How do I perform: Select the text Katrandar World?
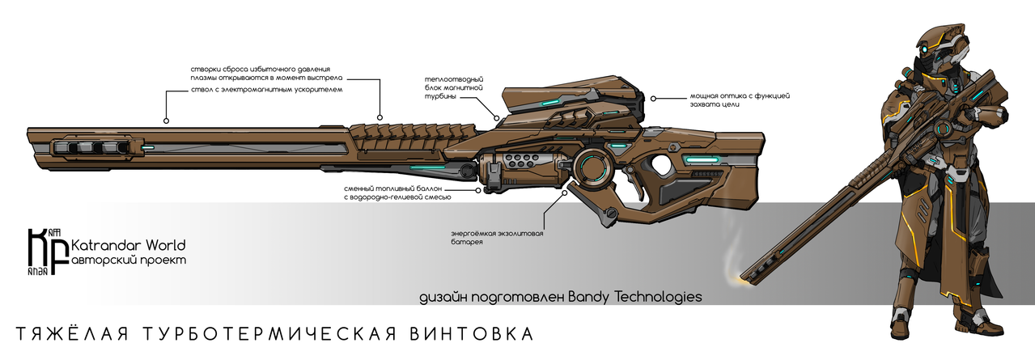129,244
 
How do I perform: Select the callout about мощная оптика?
740,100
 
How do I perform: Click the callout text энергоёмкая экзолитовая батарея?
497,238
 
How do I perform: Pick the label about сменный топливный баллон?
397,193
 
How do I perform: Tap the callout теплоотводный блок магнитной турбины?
454,88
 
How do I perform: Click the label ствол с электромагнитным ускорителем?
266,90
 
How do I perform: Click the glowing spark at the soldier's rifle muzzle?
743,277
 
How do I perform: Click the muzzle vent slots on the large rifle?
90,148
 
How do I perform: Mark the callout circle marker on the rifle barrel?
166,121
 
